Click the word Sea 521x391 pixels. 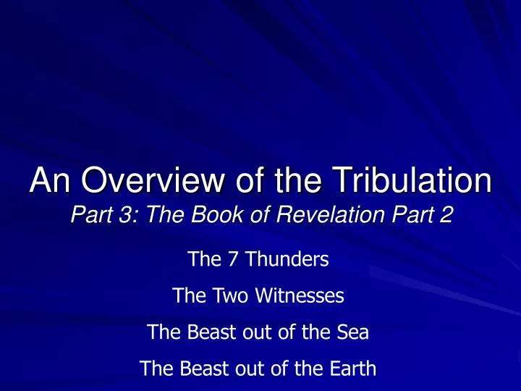click(355, 332)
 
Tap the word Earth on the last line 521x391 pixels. click(352, 369)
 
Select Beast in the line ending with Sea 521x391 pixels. click(206, 332)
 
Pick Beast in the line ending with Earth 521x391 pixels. click(199, 369)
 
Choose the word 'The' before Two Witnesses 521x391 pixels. click(187, 295)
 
